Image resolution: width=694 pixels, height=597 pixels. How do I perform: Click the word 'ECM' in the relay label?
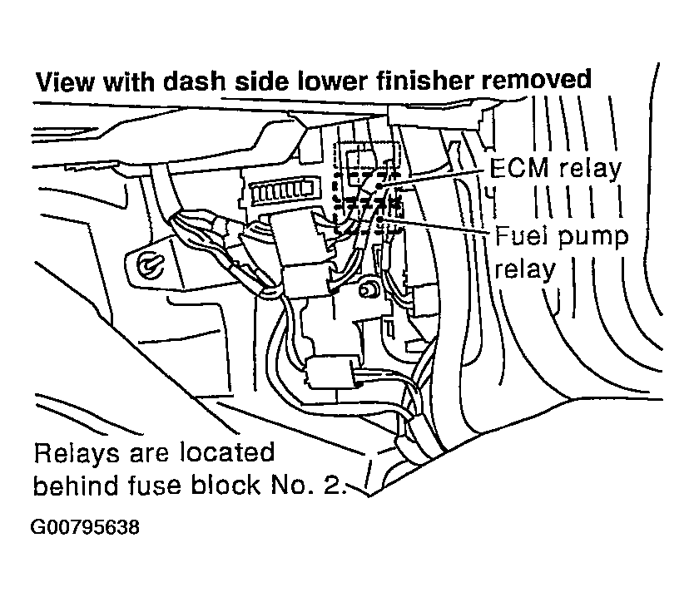(516, 168)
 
